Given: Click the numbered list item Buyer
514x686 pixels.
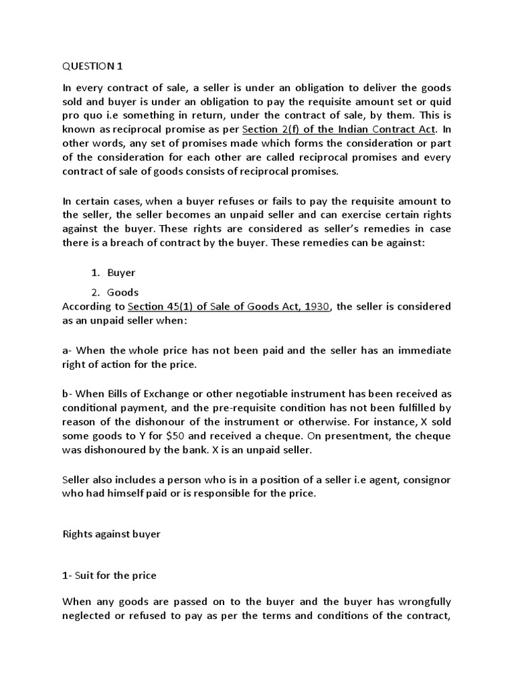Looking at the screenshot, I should click(121, 273).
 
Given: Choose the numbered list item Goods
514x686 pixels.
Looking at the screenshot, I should click(122, 292).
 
